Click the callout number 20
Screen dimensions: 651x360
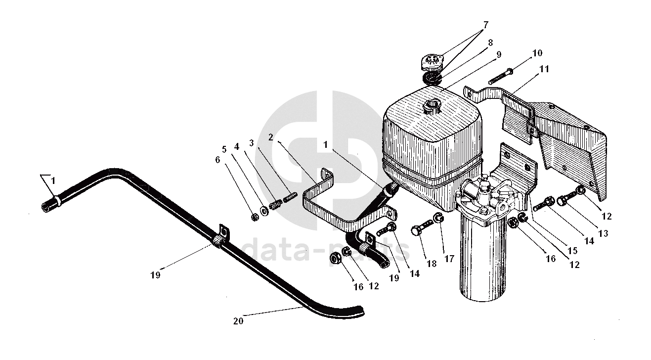point(238,321)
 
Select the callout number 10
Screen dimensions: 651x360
point(537,53)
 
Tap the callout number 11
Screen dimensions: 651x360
point(544,69)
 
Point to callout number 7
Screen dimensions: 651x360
point(486,25)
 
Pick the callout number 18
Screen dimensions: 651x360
point(432,264)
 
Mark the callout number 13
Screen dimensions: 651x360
point(604,233)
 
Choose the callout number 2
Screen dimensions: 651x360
point(271,137)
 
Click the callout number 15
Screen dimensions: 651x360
point(572,250)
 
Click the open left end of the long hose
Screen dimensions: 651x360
point(45,208)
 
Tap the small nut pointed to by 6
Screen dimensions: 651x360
point(255,217)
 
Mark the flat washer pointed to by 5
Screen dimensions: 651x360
point(264,210)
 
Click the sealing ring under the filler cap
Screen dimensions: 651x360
point(432,78)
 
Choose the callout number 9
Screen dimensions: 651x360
point(499,55)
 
